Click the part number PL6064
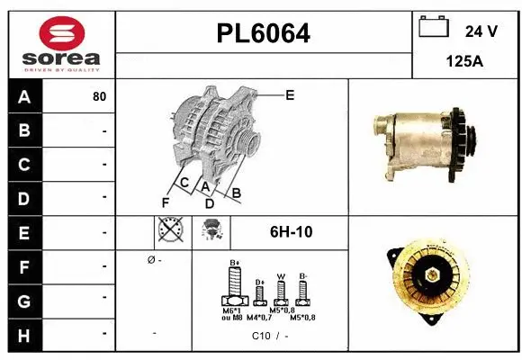[x=264, y=33]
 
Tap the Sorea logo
[x=61, y=43]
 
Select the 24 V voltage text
[x=481, y=31]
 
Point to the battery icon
[x=434, y=28]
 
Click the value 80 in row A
[x=99, y=97]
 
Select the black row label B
[x=23, y=131]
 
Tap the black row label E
[x=23, y=232]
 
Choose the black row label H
[x=23, y=334]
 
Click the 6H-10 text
[x=291, y=232]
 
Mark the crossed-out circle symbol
[x=168, y=231]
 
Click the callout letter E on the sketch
[x=290, y=94]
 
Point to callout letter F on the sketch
[x=165, y=202]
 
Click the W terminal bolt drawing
[x=281, y=290]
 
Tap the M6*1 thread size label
[x=232, y=310]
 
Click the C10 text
[x=261, y=336]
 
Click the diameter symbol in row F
[x=150, y=261]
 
